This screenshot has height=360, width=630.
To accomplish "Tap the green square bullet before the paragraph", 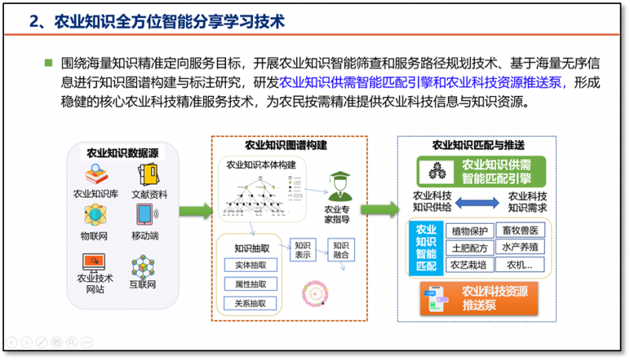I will [x=49, y=63].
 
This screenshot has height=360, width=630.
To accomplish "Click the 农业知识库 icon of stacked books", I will [x=95, y=173].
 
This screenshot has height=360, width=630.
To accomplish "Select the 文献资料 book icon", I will [x=145, y=173].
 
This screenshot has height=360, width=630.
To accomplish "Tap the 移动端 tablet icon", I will [x=145, y=215].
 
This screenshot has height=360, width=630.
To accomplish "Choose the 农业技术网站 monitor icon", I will [x=95, y=260].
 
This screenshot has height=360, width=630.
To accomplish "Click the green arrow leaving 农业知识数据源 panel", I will [x=195, y=211].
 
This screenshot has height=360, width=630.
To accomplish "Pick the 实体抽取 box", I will [x=250, y=265].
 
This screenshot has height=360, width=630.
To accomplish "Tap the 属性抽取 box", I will [x=250, y=284].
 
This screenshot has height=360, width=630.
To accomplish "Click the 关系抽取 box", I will [x=250, y=302].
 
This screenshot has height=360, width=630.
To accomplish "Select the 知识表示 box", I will [x=303, y=250].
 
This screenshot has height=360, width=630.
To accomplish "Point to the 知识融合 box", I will [x=342, y=250].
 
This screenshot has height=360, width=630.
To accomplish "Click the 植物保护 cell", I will [x=470, y=231].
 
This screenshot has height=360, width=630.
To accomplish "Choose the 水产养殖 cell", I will [x=524, y=247].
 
